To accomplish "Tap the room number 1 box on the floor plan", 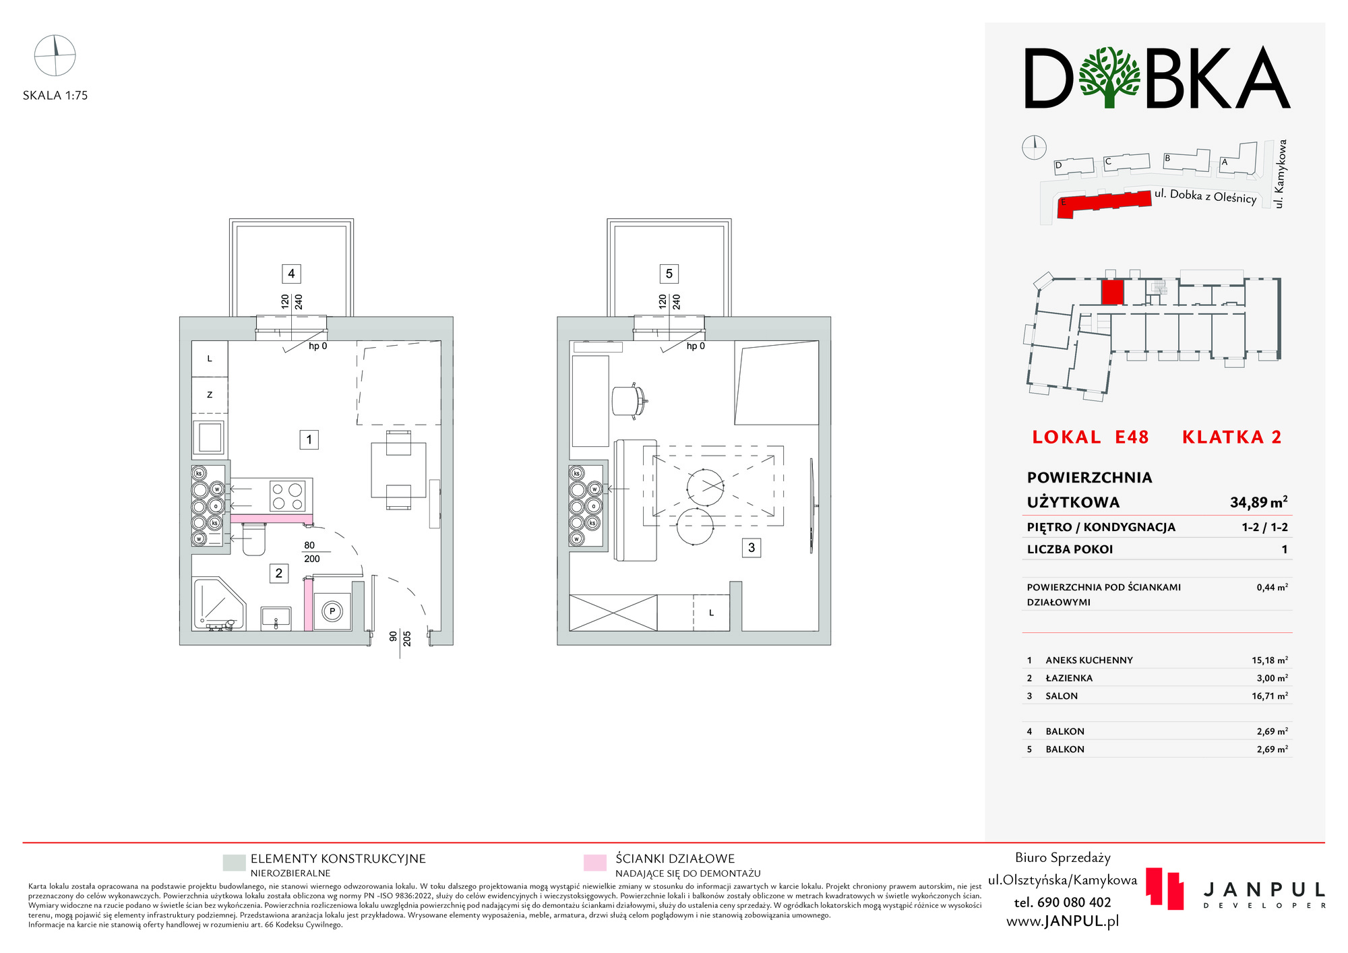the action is pos(309,440).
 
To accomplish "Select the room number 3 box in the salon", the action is pos(752,548).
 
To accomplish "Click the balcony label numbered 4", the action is pos(291,274).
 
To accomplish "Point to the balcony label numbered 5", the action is pos(669,274).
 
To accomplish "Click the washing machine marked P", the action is pos(332,612).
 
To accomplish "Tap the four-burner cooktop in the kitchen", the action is pos(287,497).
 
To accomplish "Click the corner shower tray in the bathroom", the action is pos(218,604).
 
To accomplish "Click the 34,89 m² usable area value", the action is pos(1258,502).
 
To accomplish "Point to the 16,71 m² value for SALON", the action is pos(1270,696).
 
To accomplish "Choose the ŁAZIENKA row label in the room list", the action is pos(1069,678).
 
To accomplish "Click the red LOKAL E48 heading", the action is pos(1090,437).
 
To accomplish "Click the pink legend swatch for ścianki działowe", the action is pos(594,863).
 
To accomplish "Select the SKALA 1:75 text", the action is pos(55,96).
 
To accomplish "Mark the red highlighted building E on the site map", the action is pos(1104,204).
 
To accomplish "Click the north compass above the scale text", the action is pos(55,55).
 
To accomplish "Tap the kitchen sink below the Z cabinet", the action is pos(210,437).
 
